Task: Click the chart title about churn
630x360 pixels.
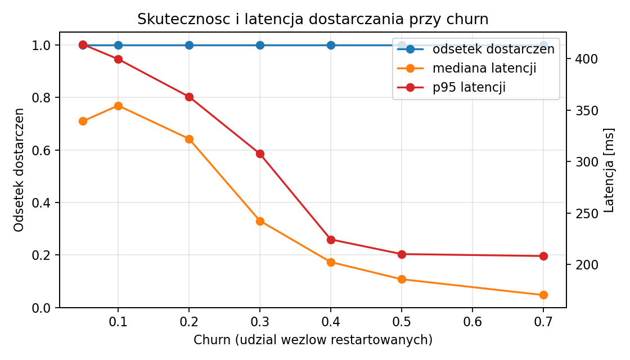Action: tap(313, 19)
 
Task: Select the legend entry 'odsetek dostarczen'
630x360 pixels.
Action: tap(493, 49)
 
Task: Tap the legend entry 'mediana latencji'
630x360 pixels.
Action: tap(484, 68)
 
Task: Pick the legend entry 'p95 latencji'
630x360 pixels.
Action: tap(469, 87)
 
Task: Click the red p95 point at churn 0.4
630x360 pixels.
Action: tap(331, 240)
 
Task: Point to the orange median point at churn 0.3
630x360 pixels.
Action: tap(260, 221)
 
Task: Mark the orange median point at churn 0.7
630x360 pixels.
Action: tap(543, 295)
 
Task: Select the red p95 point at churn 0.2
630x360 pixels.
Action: tap(189, 97)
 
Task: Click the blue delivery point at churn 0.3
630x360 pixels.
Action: tap(260, 45)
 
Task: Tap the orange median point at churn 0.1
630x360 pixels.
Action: tap(118, 106)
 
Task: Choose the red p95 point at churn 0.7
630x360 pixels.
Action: tap(543, 256)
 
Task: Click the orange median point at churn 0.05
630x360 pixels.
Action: tap(83, 121)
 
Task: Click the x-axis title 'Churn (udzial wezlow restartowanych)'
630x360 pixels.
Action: tap(313, 340)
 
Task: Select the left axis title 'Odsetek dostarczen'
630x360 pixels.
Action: tap(19, 170)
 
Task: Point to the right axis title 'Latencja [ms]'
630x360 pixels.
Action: tap(609, 170)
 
